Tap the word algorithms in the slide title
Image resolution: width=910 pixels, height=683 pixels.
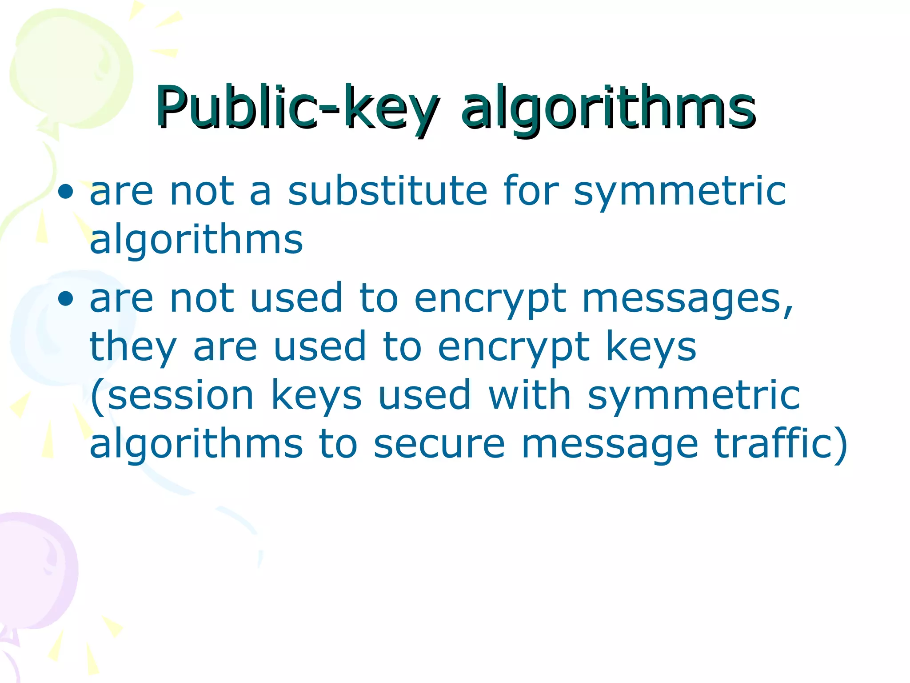[608, 108]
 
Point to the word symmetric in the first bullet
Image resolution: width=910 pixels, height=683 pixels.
[680, 192]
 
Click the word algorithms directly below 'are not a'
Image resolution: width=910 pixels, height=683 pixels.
[196, 240]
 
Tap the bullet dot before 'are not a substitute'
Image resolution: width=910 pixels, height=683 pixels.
[65, 192]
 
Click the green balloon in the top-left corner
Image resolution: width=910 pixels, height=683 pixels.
[71, 71]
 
